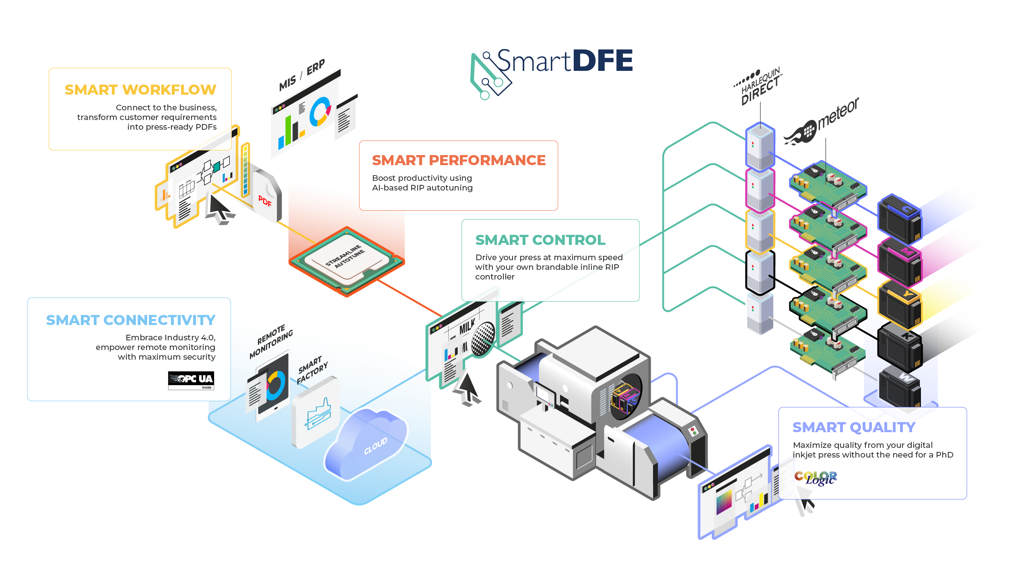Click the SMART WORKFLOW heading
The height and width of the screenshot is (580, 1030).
click(x=140, y=89)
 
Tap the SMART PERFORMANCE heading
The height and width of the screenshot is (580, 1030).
click(x=458, y=160)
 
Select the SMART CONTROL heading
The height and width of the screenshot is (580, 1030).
click(x=540, y=240)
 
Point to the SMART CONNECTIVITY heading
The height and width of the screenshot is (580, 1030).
click(x=131, y=320)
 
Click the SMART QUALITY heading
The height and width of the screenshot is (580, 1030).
click(x=854, y=427)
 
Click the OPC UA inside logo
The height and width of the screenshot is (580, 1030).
click(x=191, y=380)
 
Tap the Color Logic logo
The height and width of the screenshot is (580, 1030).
click(x=816, y=478)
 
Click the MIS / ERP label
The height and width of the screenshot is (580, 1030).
click(x=302, y=75)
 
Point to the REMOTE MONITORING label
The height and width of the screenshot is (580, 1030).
click(x=271, y=341)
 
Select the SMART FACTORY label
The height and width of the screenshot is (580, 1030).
click(x=312, y=369)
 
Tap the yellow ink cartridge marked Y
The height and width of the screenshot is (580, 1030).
click(x=899, y=304)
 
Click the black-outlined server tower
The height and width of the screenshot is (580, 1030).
click(x=760, y=272)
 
